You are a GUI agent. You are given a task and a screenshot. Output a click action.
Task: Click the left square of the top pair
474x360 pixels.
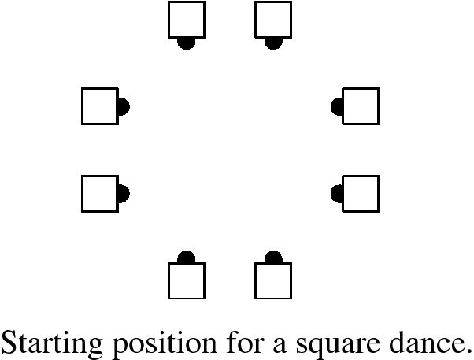coord(187,20)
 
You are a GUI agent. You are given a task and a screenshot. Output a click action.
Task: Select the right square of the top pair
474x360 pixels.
coord(273,20)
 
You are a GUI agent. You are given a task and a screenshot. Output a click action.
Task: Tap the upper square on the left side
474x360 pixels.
coord(100,106)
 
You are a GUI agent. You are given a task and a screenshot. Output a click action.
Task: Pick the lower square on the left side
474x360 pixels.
coord(100,193)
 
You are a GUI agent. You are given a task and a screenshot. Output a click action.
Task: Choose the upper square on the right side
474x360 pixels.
coord(361,106)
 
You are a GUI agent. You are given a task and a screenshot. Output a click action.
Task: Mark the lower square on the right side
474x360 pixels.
coord(361,193)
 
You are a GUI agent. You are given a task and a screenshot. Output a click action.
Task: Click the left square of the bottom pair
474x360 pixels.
coord(187,280)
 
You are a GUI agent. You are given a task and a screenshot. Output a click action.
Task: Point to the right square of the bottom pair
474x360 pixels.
coord(273,280)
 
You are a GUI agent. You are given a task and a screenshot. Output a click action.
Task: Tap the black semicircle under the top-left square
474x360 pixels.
coord(187,43)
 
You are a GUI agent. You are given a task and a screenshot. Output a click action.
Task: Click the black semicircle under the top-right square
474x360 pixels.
coord(273,43)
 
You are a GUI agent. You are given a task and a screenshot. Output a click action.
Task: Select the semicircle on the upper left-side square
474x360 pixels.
coord(123,106)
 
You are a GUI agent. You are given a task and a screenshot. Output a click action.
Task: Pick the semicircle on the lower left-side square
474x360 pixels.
coord(123,193)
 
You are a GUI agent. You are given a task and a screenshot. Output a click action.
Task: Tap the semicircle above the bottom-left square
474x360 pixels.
coord(187,258)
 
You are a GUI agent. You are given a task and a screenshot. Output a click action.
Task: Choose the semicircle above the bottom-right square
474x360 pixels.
coord(273,258)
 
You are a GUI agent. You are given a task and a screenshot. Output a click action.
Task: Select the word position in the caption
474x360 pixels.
coord(150,343)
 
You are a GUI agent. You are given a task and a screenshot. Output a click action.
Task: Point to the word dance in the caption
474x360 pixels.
coord(429,341)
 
